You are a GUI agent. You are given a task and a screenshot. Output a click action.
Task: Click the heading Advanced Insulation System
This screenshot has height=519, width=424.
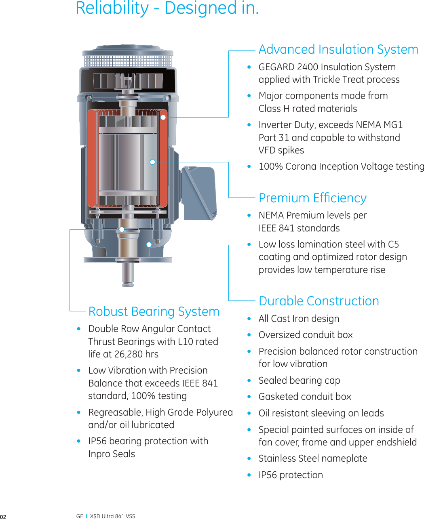338,49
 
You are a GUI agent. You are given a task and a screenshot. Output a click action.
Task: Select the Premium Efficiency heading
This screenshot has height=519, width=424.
312,198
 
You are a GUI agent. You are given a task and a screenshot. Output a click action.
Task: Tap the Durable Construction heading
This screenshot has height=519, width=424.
319,301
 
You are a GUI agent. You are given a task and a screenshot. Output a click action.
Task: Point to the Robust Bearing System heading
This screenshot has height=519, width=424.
154,311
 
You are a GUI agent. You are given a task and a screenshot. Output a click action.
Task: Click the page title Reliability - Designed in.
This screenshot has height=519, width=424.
167,8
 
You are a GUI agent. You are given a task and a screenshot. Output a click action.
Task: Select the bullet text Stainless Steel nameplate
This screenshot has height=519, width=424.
313,458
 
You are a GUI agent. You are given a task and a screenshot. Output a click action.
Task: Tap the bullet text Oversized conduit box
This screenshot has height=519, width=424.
306,335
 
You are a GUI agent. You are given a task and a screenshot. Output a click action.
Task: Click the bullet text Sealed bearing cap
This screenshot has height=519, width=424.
299,380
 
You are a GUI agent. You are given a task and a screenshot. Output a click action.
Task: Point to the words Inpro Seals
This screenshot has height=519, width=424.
112,454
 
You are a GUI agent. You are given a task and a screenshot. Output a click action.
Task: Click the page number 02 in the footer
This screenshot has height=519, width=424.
3,517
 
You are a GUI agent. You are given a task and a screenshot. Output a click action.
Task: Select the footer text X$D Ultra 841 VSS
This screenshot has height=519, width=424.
112,516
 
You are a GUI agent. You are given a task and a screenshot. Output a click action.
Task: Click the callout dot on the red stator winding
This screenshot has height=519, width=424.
163,117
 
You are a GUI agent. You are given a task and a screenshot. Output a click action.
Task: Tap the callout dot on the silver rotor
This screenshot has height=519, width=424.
152,162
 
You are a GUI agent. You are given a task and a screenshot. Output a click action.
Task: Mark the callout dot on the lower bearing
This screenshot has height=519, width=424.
122,229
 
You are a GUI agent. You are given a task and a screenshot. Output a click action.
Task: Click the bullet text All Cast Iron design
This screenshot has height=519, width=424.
299,319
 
